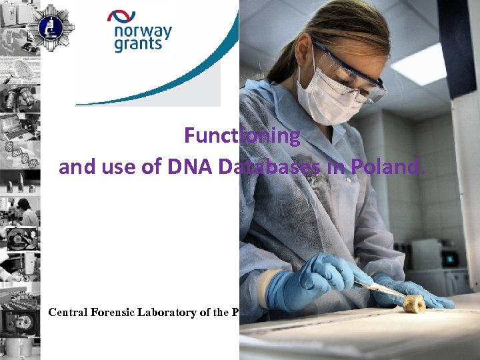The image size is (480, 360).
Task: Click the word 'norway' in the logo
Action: point(143,31)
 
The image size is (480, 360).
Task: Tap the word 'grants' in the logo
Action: point(138,45)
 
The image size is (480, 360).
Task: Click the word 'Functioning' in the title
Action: point(242,135)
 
